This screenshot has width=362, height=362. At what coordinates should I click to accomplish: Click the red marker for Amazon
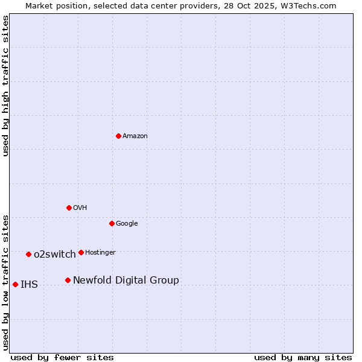(118, 136)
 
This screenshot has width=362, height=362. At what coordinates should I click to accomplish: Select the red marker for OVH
(69, 208)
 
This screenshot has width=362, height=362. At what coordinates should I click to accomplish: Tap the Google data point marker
(112, 223)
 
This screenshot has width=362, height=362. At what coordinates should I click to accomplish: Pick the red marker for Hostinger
(81, 252)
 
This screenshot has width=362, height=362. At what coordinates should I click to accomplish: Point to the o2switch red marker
(28, 254)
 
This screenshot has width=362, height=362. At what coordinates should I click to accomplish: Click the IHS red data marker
(15, 284)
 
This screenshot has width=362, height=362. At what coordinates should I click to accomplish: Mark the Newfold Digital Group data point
(68, 280)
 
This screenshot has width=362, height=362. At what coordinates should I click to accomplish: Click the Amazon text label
(135, 136)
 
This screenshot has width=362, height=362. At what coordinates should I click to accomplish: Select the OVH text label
(80, 208)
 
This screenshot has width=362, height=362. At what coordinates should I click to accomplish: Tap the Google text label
(127, 224)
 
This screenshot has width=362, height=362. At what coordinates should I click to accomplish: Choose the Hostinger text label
(100, 253)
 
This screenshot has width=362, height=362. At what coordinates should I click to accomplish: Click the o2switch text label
(55, 255)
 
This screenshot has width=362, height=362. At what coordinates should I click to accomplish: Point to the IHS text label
(29, 285)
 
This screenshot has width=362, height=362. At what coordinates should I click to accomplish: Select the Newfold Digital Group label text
(126, 281)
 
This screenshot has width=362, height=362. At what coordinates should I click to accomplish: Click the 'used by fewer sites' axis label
(62, 357)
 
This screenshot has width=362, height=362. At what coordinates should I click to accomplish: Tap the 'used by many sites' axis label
(303, 357)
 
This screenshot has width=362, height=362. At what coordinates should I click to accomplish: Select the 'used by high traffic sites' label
(5, 86)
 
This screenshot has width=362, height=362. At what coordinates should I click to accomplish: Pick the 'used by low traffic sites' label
(5, 282)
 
